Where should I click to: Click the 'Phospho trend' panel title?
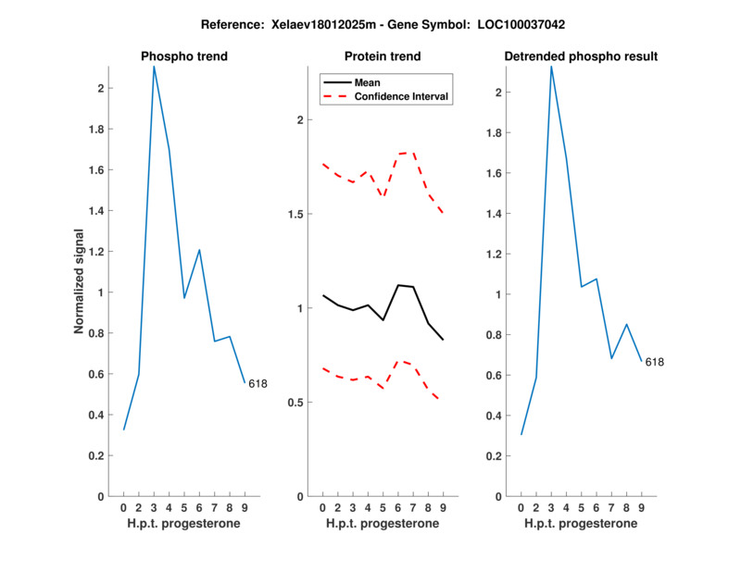pyautogui.click(x=183, y=56)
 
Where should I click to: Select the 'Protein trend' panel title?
pyautogui.click(x=383, y=56)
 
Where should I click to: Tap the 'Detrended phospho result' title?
pyautogui.click(x=581, y=56)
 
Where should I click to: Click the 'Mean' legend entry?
pyautogui.click(x=368, y=82)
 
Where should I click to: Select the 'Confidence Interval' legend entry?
pyautogui.click(x=402, y=96)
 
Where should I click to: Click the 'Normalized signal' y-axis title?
pyautogui.click(x=82, y=281)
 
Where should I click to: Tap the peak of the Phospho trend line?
pyautogui.click(x=154, y=67)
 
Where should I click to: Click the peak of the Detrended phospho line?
pyautogui.click(x=551, y=67)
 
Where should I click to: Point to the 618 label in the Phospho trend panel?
pyautogui.click(x=257, y=383)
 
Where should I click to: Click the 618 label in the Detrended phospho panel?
pyautogui.click(x=655, y=362)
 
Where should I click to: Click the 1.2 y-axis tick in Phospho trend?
pyautogui.click(x=96, y=252)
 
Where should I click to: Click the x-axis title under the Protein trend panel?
pyautogui.click(x=383, y=524)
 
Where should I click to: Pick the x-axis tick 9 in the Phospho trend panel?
pyautogui.click(x=245, y=507)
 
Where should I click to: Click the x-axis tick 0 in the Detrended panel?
pyautogui.click(x=521, y=507)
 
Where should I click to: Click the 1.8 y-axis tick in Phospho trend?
pyautogui.click(x=96, y=130)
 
